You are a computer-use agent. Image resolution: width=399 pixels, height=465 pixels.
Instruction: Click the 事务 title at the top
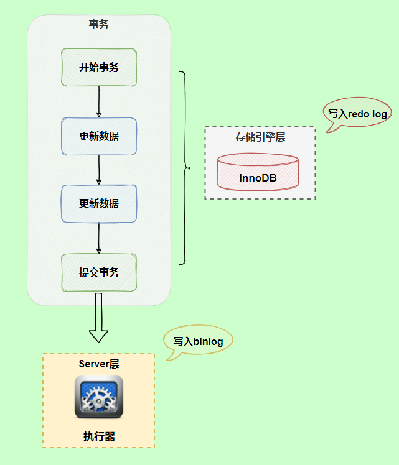tap(99, 25)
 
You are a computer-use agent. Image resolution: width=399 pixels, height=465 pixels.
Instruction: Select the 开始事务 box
tap(99, 68)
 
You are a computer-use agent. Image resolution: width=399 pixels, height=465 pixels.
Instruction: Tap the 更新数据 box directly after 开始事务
tap(99, 136)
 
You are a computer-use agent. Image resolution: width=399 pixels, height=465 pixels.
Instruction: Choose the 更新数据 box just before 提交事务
tap(99, 203)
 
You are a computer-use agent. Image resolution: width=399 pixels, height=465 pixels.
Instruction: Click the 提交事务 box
tap(99, 272)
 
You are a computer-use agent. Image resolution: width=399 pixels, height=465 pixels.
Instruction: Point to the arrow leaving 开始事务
tap(99, 102)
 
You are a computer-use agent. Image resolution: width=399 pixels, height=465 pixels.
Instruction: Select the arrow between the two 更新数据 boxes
tap(99, 170)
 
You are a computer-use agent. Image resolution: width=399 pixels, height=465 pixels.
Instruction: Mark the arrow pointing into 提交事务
tap(99, 238)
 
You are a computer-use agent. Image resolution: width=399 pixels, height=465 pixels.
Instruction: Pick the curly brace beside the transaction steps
tap(184, 168)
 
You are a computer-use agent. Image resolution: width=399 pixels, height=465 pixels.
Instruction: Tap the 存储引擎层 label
tap(260, 137)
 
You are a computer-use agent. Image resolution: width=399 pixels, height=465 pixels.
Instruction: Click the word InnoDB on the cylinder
tap(258, 178)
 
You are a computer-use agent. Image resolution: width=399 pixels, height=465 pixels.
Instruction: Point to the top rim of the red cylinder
tap(257, 160)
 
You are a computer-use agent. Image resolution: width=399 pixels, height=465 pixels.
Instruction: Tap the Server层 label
tap(98, 364)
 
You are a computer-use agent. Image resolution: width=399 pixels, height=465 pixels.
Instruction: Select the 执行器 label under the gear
tap(99, 436)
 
